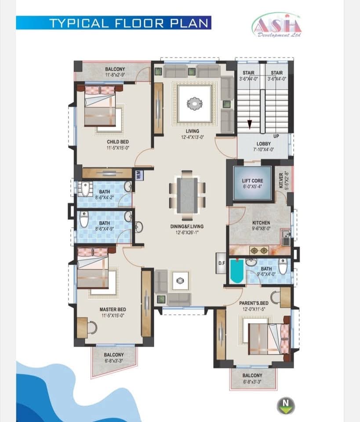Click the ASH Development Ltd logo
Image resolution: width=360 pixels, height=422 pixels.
point(277,25)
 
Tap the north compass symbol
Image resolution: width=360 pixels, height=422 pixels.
point(286,406)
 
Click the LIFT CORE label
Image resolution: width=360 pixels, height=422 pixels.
point(252,181)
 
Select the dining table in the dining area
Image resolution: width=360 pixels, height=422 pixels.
point(187,195)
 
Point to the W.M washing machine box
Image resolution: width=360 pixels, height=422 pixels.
point(139,175)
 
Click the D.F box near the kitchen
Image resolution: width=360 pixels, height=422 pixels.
point(222,263)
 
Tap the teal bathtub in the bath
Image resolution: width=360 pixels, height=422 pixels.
point(237,271)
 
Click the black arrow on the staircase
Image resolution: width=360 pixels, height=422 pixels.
point(250,124)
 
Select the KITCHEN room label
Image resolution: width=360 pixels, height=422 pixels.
point(261,222)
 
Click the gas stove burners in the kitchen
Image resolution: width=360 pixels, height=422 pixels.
point(259,251)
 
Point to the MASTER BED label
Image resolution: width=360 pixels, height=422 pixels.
point(113,309)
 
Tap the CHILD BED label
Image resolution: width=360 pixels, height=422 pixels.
point(118,142)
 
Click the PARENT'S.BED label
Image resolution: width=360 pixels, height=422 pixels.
point(254,303)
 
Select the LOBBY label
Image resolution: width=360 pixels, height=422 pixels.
point(263,144)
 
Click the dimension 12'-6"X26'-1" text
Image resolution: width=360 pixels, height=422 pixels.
point(187,232)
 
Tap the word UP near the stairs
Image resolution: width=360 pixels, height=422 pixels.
point(276,136)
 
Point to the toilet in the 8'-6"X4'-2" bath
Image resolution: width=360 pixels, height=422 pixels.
point(84,189)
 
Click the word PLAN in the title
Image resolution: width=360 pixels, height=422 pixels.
point(189,23)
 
